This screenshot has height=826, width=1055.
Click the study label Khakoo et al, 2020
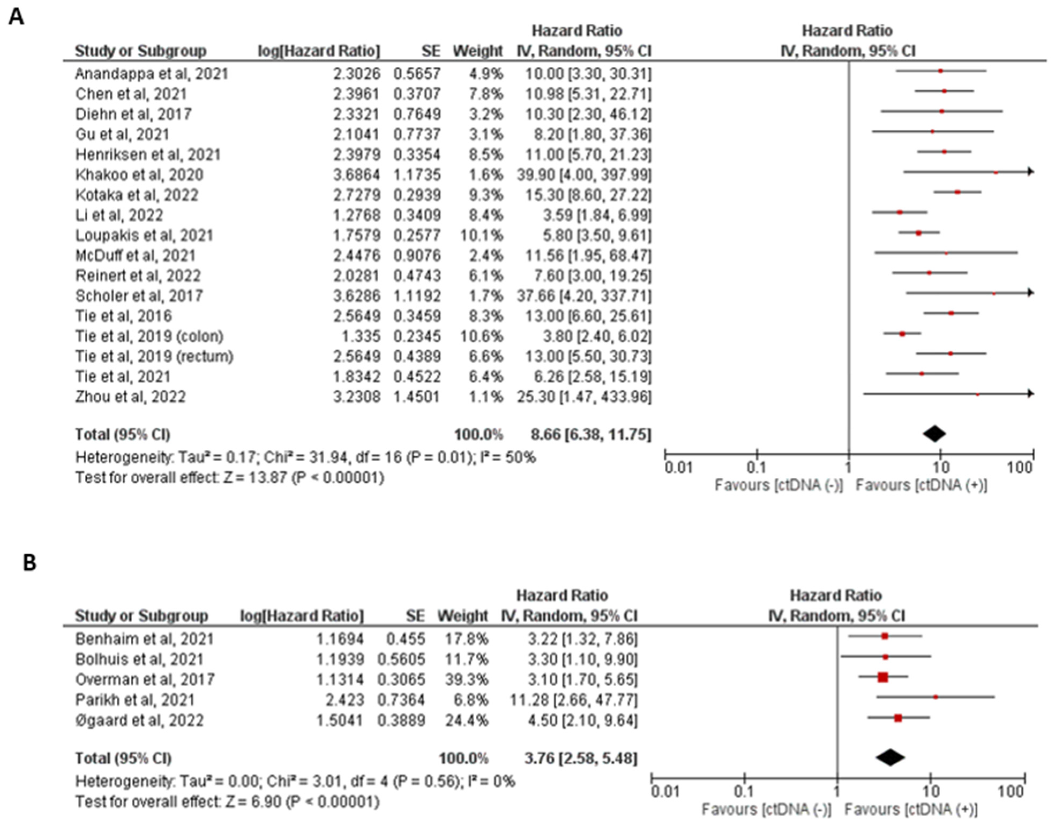coord(139,174)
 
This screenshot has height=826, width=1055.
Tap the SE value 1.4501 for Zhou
coord(416,397)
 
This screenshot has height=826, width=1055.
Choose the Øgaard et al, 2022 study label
coord(139,720)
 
